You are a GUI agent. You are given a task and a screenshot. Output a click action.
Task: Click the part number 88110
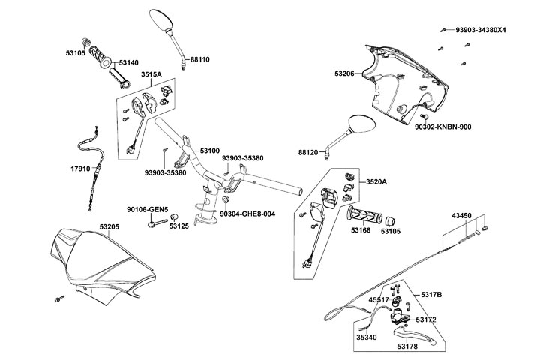coord(200,58)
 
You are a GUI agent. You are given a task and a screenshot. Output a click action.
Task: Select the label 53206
coord(346,73)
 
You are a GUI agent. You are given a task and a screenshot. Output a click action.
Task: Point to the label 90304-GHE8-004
coord(247,214)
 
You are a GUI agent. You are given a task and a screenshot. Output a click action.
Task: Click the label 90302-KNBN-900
coord(464,127)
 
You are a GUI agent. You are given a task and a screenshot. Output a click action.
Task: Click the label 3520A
coord(376,182)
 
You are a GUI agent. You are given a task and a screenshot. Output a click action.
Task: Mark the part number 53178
coord(408,346)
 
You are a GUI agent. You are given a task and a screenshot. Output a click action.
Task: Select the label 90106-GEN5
coord(147,209)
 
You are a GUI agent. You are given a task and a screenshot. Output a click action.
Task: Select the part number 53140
coord(129,63)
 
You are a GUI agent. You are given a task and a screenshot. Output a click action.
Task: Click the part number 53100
coord(209,151)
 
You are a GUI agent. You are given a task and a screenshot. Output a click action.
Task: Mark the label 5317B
coord(431,294)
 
